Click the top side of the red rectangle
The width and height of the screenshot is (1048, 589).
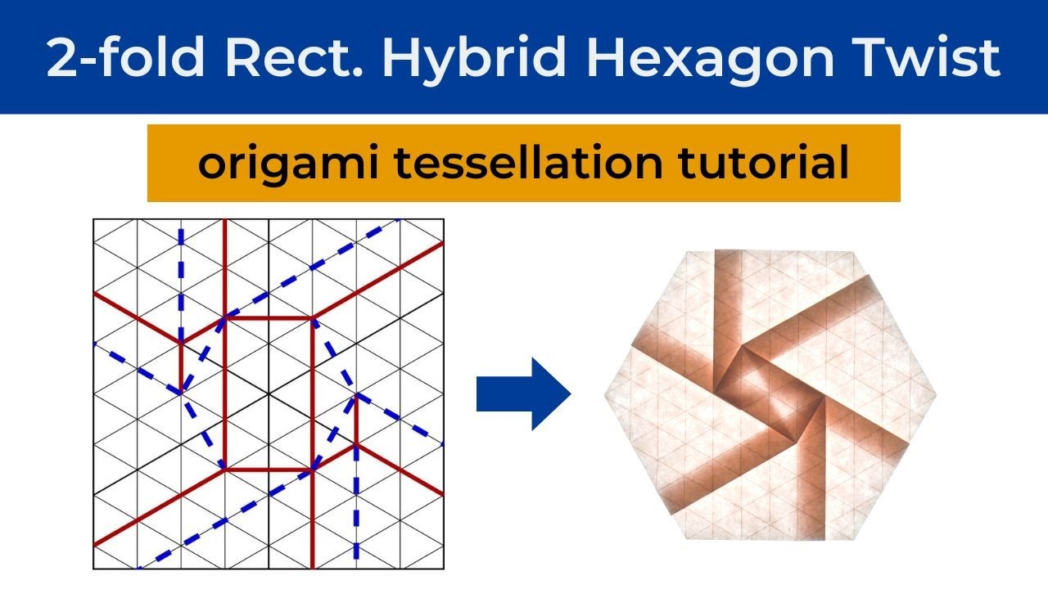[268, 317]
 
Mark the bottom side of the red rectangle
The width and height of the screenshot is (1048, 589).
[268, 470]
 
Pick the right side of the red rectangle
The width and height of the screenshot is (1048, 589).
[312, 393]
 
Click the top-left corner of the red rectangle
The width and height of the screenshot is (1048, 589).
[224, 317]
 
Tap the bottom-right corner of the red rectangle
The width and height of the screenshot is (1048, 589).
[312, 470]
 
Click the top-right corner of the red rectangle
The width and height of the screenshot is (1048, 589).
[312, 317]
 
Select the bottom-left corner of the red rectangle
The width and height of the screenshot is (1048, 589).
[224, 470]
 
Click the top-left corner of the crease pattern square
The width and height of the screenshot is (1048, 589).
[94, 219]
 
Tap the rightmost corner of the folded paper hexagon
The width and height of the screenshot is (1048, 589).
[937, 396]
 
